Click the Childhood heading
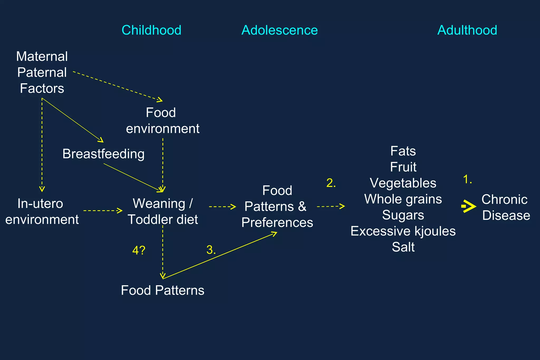[151, 30]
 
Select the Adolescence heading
[279, 30]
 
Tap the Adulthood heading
[467, 30]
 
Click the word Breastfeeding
[103, 154]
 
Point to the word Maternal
[42, 56]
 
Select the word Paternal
[42, 72]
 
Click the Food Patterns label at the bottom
[162, 290]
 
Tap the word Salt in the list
[403, 247]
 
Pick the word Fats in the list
[403, 151]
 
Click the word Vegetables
[403, 183]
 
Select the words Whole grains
[403, 199]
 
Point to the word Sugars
[403, 215]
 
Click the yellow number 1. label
[467, 179]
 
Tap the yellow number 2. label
[331, 183]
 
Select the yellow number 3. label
[211, 250]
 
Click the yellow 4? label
[139, 250]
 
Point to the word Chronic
[504, 200]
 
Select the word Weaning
[159, 204]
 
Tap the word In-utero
[40, 204]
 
